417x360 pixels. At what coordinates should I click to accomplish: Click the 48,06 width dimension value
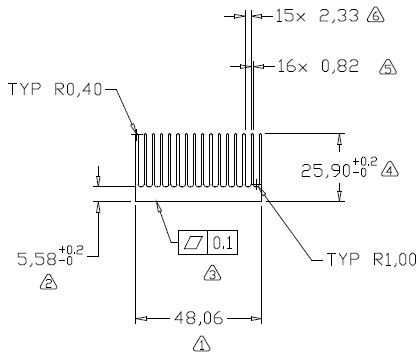(198, 319)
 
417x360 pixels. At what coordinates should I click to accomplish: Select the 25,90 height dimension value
(326, 171)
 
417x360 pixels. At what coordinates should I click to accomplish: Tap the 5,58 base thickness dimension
(37, 259)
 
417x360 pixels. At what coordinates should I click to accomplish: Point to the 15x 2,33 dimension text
(317, 16)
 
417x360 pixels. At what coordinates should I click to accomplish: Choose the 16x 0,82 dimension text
(318, 66)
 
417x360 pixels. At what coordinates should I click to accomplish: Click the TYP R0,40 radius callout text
(55, 89)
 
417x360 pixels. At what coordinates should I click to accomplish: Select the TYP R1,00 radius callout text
(372, 259)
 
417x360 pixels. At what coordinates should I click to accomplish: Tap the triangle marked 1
(202, 344)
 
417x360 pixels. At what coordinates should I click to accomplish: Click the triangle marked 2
(48, 282)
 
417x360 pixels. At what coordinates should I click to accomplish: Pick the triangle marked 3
(212, 273)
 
